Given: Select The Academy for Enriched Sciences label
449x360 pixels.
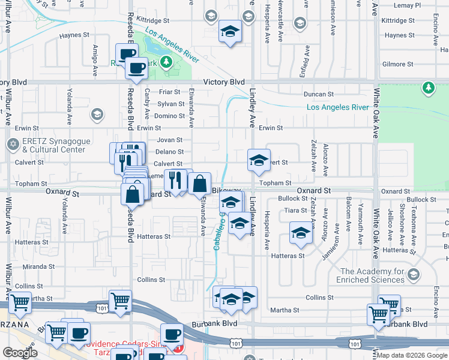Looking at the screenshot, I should coord(373,275).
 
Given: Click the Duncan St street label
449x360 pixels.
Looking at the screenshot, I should coord(318,94).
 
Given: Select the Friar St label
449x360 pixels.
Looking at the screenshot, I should coord(170,92).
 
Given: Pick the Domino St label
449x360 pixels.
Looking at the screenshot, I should coord(169,116).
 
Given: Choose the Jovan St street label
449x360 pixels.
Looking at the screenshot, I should coord(169,140).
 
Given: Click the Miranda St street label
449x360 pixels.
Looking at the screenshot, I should coord(39,266).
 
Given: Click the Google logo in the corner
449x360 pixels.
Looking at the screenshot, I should coord(20,352).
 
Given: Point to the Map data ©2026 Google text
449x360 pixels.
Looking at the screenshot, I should coord(412,355).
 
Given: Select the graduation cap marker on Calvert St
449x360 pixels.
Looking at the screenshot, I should coord(259,160).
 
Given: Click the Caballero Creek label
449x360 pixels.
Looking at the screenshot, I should coord(218,231).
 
